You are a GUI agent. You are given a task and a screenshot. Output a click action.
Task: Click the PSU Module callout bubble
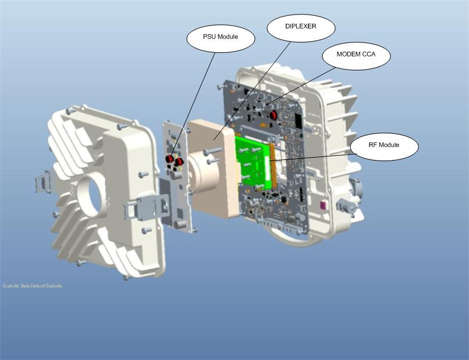pyautogui.click(x=221, y=38)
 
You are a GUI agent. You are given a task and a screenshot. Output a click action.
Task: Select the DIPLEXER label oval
pyautogui.click(x=301, y=26)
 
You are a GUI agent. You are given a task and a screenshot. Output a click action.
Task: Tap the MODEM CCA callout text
pyautogui.click(x=356, y=54)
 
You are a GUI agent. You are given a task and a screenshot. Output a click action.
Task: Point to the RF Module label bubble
pyautogui.click(x=384, y=145)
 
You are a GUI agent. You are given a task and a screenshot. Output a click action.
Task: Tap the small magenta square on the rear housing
pyautogui.click(x=323, y=204)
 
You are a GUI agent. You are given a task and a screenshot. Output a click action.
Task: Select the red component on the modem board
pyautogui.click(x=272, y=115)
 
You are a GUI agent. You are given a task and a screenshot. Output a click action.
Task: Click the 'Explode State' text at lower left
pyautogui.click(x=32, y=286)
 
